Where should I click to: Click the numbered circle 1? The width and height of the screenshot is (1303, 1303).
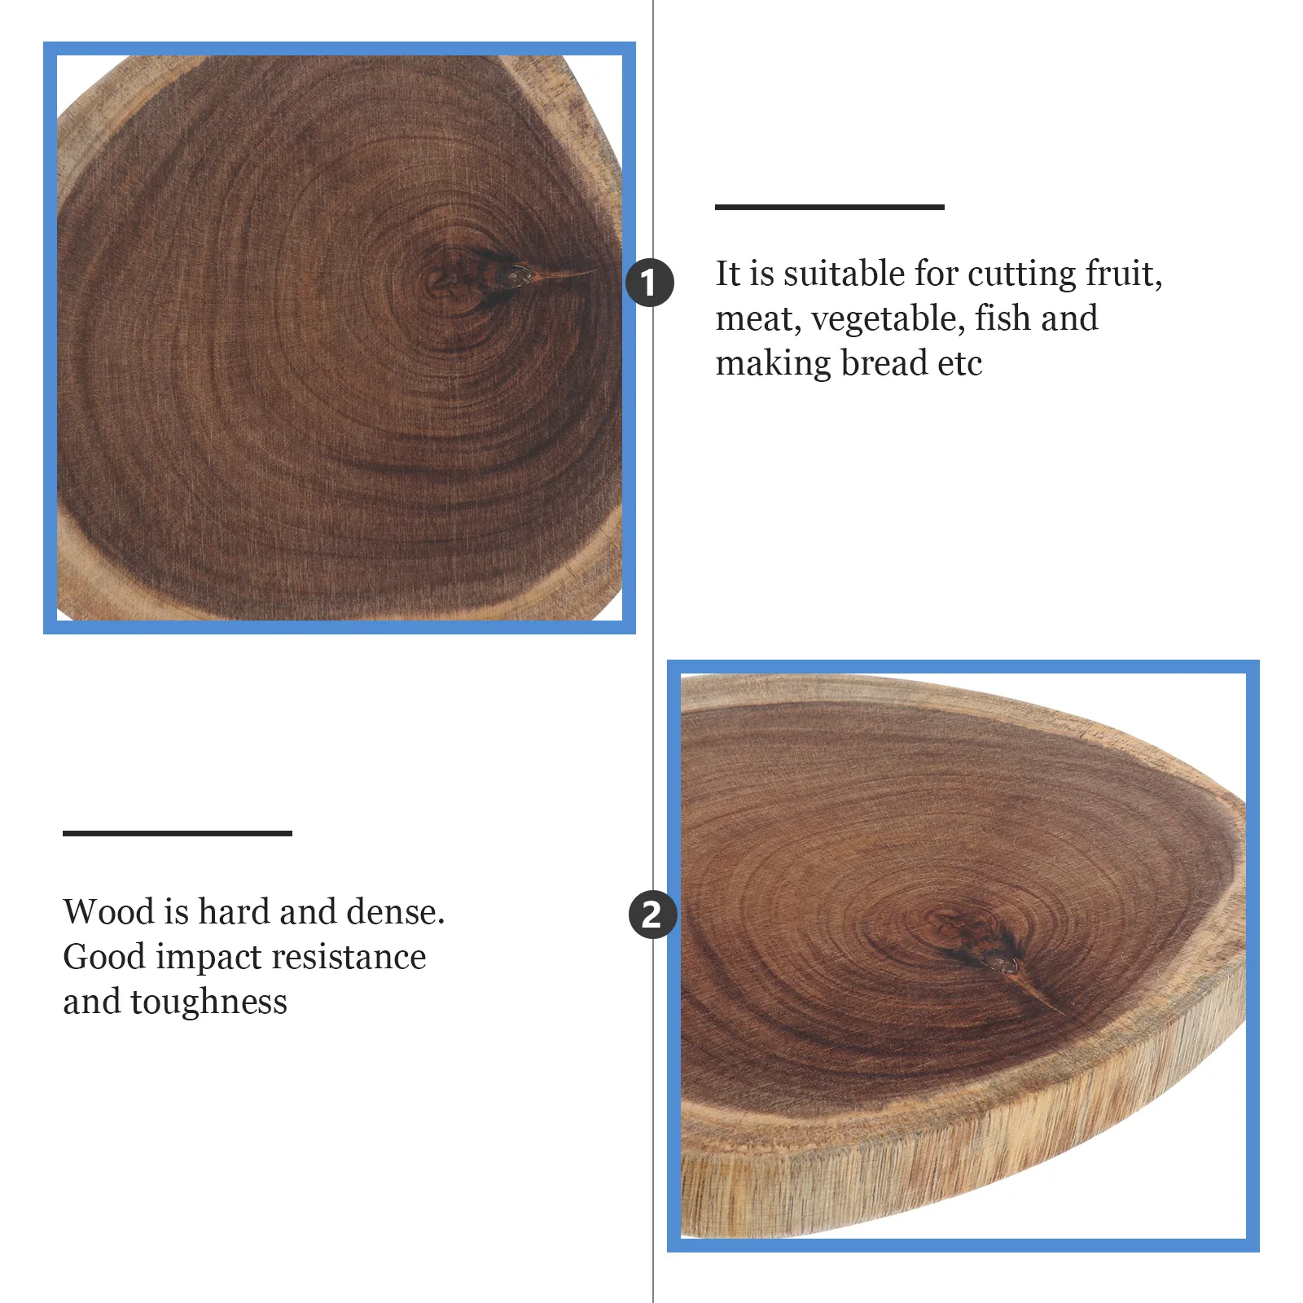click(649, 283)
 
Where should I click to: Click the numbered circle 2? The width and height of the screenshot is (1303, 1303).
click(652, 914)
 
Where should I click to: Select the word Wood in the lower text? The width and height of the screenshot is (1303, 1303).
click(108, 912)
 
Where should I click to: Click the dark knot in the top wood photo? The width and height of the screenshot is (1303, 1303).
click(511, 276)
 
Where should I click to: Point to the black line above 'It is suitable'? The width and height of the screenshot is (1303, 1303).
click(829, 207)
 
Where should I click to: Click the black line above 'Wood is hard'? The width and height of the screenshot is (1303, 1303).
click(177, 833)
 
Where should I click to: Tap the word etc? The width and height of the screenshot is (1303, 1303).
click(959, 363)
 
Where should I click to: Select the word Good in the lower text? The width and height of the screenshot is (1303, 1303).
click(104, 957)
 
